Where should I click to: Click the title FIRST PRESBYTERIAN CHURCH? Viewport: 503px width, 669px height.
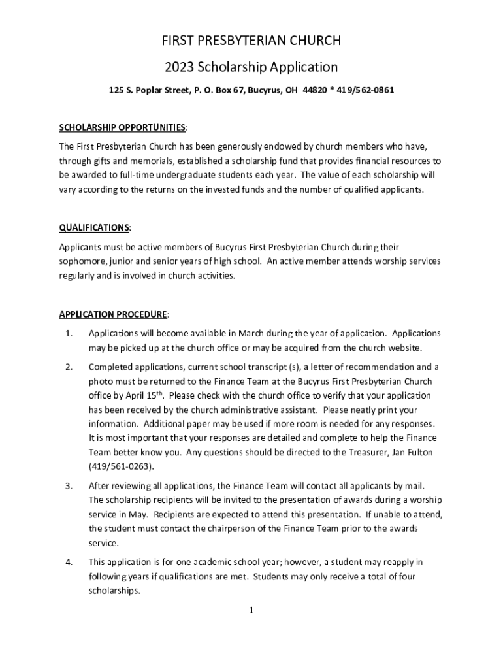(x=252, y=41)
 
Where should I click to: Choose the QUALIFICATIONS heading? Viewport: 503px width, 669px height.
(x=94, y=227)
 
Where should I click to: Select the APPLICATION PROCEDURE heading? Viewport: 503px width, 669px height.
(x=114, y=314)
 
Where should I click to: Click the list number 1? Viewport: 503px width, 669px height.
(x=68, y=333)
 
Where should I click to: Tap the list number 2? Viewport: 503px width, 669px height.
(x=68, y=367)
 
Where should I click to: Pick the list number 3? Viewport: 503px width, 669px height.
(x=68, y=486)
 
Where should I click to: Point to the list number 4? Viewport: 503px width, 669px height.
(x=68, y=562)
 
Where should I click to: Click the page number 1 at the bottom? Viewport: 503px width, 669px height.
(x=251, y=611)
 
